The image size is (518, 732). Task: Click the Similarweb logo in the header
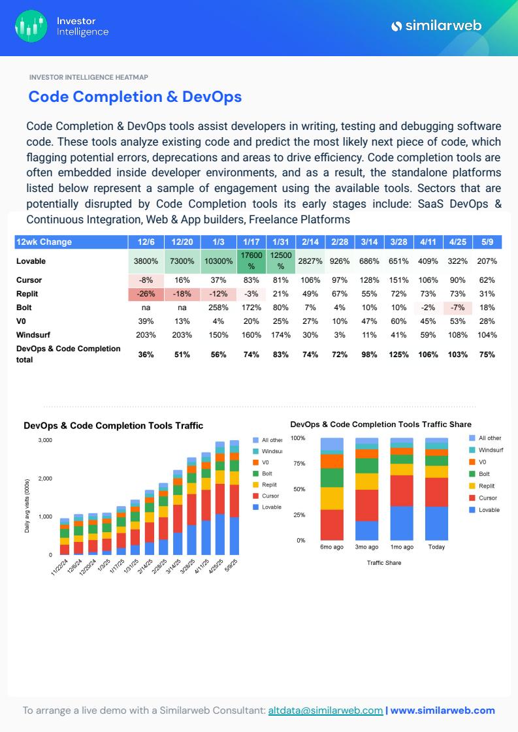[x=436, y=25]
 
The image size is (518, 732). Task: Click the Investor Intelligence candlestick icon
[x=31, y=26]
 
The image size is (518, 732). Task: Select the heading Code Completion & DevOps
[x=135, y=97]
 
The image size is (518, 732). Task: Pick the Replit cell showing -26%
[x=146, y=294]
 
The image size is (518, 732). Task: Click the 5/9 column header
[x=487, y=242]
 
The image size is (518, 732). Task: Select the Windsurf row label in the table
[x=33, y=335]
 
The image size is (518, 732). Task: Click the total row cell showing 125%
[x=398, y=355]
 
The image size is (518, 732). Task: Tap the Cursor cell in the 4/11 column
[x=428, y=280]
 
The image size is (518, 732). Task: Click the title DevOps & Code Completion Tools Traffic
[x=114, y=426]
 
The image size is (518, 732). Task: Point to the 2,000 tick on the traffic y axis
[x=45, y=479]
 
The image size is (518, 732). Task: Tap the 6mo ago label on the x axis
[x=331, y=547]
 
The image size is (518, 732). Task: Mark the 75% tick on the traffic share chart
[x=299, y=464]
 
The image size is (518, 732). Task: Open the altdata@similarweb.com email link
[x=325, y=710]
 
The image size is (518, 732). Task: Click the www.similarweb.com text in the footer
[x=442, y=710]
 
